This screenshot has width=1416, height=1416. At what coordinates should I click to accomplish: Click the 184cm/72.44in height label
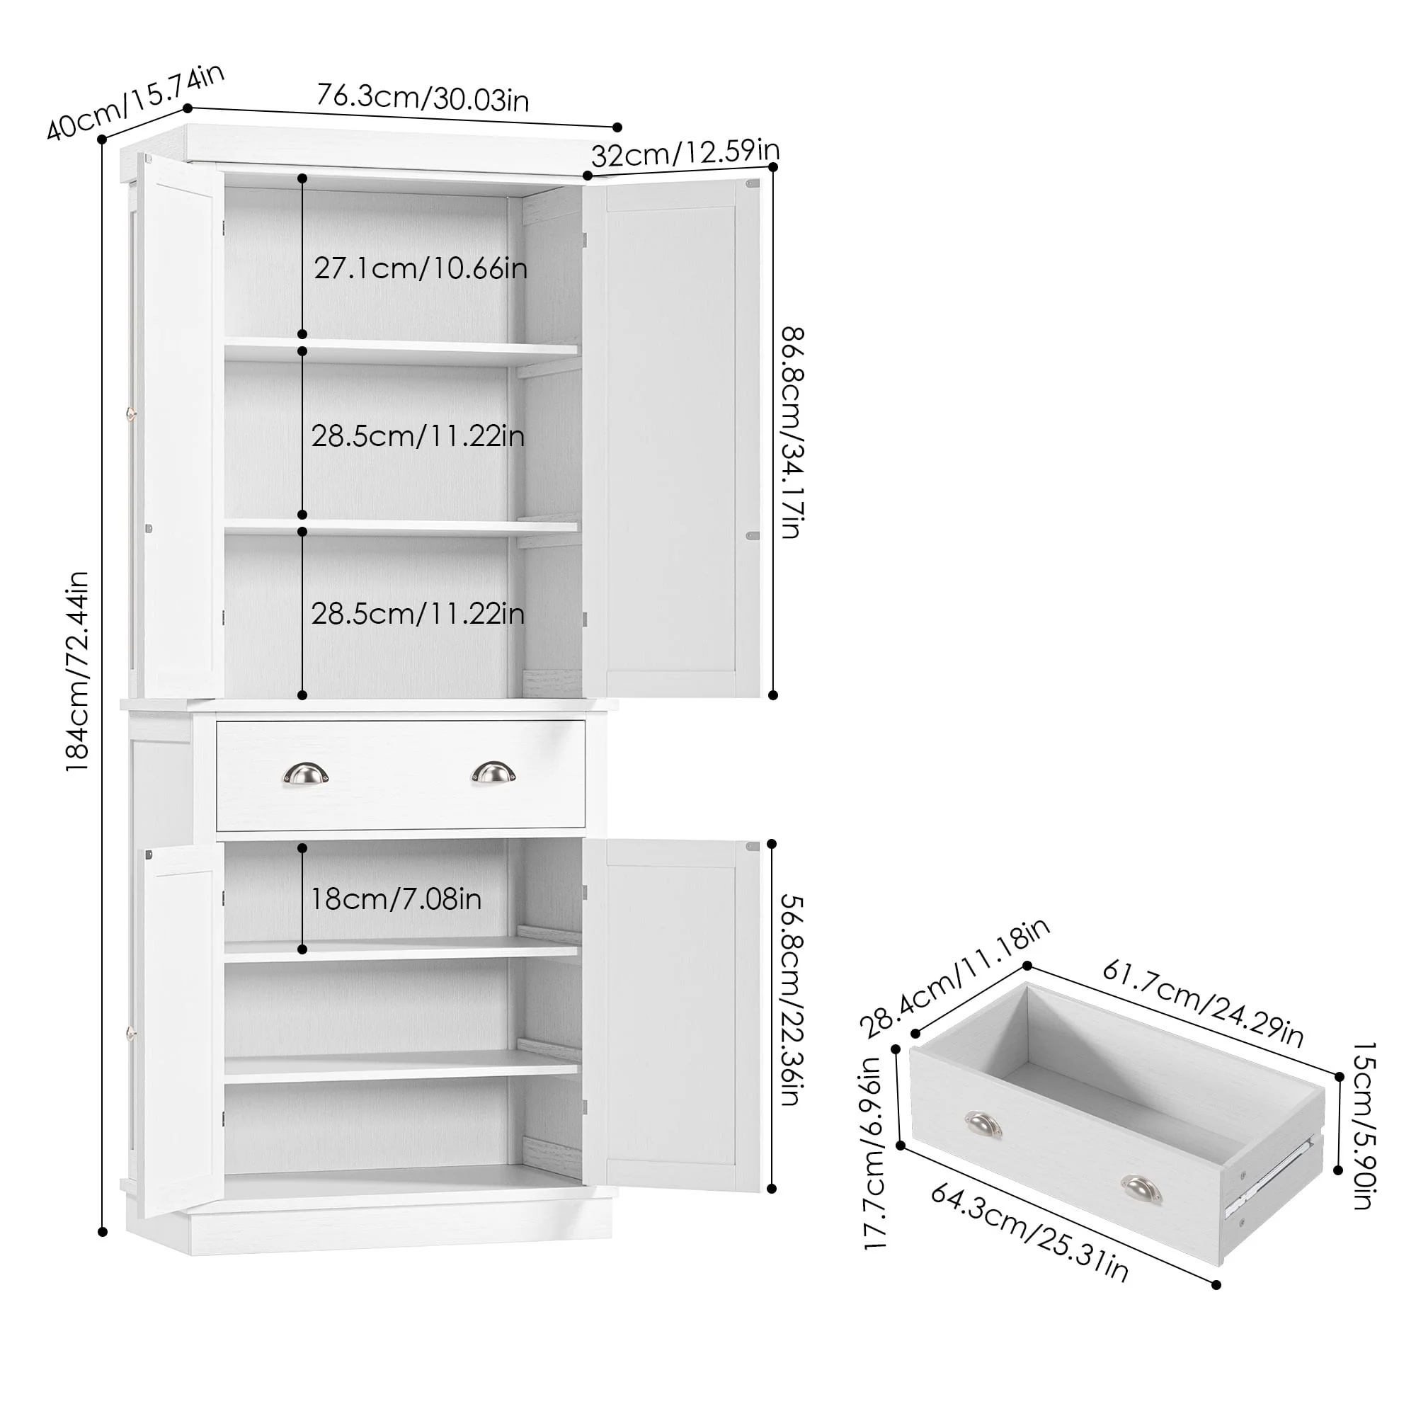coord(77,671)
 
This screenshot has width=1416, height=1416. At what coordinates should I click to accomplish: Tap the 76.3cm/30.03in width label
coord(423,98)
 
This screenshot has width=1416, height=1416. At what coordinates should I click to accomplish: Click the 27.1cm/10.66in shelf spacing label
coord(421,268)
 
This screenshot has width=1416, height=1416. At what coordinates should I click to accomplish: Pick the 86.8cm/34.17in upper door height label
coord(793,433)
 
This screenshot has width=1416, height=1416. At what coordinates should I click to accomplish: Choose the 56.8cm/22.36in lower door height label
coord(792,1000)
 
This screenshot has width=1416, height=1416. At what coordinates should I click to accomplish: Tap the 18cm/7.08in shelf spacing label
coord(396,899)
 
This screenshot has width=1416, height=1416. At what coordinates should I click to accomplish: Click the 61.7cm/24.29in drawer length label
coord(1203,1003)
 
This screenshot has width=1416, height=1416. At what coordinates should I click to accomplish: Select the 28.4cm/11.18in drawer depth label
coord(954,978)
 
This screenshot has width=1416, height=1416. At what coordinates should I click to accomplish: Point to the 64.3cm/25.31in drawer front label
coord(1029,1232)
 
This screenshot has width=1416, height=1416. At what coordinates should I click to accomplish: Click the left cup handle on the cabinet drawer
coord(305,773)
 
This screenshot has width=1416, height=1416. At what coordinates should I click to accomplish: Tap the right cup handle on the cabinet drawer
coord(493,772)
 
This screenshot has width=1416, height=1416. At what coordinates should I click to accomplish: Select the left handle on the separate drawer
coord(983,1125)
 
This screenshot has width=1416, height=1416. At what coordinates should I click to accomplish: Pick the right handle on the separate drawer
coord(1141,1189)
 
